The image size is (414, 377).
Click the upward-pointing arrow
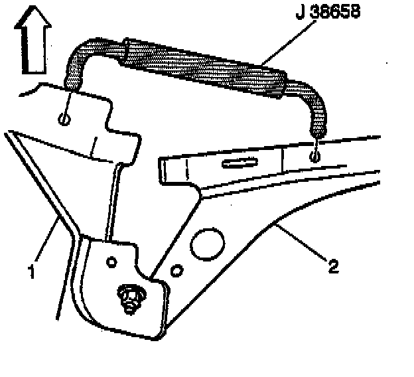pos(33,42)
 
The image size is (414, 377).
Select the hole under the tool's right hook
pos(316,157)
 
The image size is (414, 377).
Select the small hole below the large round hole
pos(177,270)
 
